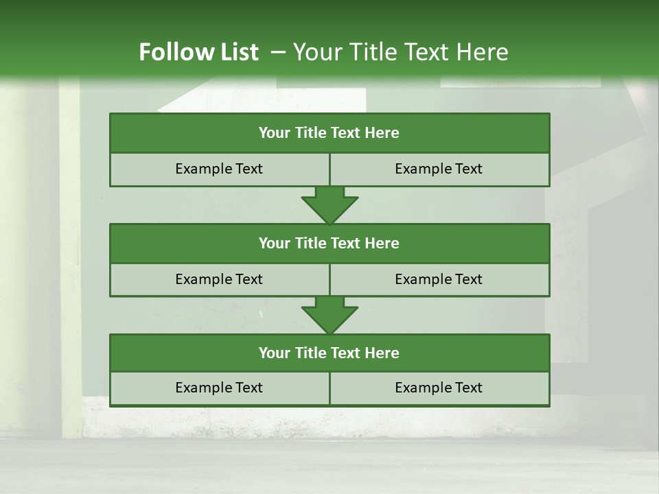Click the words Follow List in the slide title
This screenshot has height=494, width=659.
(x=198, y=52)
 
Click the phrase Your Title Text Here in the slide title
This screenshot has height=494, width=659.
(x=400, y=52)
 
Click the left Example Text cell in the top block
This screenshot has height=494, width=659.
(x=219, y=169)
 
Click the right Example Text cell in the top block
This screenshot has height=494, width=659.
(x=439, y=169)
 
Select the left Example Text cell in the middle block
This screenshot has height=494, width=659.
(x=219, y=279)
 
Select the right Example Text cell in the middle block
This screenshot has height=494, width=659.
(x=439, y=279)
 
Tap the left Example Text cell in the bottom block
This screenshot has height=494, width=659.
(x=219, y=388)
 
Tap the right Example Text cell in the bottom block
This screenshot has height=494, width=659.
(x=439, y=388)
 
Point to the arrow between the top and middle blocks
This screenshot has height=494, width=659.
(x=329, y=205)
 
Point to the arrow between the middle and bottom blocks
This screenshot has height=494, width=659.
(x=329, y=315)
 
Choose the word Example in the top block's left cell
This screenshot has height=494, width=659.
(x=203, y=169)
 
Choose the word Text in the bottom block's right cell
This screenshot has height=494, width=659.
(x=467, y=388)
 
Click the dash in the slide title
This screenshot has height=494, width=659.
(x=279, y=52)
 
